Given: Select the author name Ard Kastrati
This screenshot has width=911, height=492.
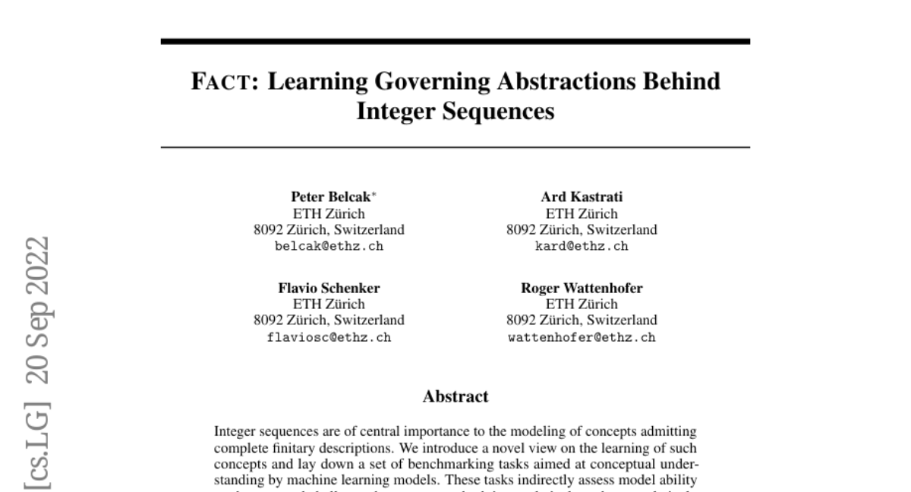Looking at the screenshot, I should [x=582, y=197].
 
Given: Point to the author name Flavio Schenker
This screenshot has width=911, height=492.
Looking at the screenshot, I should [x=329, y=288].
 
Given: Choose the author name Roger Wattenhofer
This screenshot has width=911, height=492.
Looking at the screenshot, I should [x=582, y=288].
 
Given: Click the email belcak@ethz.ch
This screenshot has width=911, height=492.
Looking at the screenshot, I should [x=329, y=246].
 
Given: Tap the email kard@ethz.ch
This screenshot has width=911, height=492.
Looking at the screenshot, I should [x=582, y=246].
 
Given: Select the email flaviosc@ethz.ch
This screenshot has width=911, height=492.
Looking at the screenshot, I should [x=329, y=337].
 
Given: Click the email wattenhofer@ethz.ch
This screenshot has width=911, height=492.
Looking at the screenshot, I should [x=582, y=337].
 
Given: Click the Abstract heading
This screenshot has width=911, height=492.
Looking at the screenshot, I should [x=455, y=396].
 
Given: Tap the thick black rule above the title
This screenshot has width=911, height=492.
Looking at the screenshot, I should [x=455, y=41].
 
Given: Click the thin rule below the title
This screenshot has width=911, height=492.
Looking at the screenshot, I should [x=455, y=147].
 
